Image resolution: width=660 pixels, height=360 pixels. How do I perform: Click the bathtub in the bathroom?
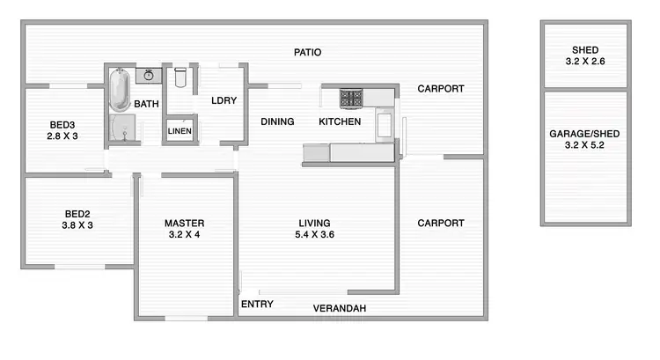(121, 88)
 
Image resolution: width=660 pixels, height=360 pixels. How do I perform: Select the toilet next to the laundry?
(180, 77)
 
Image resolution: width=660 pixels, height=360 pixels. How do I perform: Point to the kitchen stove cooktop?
(352, 98)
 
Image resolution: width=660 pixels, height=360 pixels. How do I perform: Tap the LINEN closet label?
(179, 132)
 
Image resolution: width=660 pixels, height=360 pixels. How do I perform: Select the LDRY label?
(224, 100)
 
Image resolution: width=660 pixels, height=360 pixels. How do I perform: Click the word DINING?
(277, 121)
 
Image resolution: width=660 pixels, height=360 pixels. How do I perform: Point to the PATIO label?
(307, 53)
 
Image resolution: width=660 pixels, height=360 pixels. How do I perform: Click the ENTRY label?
(256, 305)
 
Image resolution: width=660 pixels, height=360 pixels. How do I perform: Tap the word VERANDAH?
(340, 308)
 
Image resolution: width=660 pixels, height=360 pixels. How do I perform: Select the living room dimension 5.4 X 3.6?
(313, 235)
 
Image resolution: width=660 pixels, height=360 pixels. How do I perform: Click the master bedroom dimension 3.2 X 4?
(184, 235)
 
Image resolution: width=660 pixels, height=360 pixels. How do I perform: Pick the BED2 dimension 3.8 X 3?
(78, 224)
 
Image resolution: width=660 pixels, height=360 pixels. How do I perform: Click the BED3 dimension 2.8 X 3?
(62, 136)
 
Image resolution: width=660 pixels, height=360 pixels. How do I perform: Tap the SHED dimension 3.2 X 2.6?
(584, 62)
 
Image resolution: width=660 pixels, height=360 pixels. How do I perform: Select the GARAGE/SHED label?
(584, 134)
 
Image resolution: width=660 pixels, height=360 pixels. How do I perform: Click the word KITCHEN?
(340, 121)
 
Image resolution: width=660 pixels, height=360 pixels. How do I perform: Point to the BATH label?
(147, 104)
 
